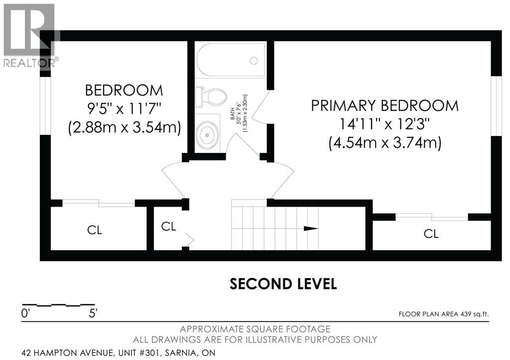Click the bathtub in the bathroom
[231, 60]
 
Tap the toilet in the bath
[211, 97]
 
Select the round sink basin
[207, 135]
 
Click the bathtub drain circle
[254, 60]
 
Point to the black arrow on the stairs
[311, 228]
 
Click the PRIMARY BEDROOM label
[385, 106]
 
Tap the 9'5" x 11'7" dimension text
[124, 109]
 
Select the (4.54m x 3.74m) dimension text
[385, 143]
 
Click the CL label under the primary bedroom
[431, 234]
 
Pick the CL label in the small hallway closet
[168, 227]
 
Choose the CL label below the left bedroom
[95, 230]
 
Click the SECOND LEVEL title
[283, 284]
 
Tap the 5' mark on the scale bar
[93, 314]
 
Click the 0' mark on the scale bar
[25, 314]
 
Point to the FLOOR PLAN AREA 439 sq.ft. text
[444, 314]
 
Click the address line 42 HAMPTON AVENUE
[119, 353]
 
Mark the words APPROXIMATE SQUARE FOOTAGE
[255, 329]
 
